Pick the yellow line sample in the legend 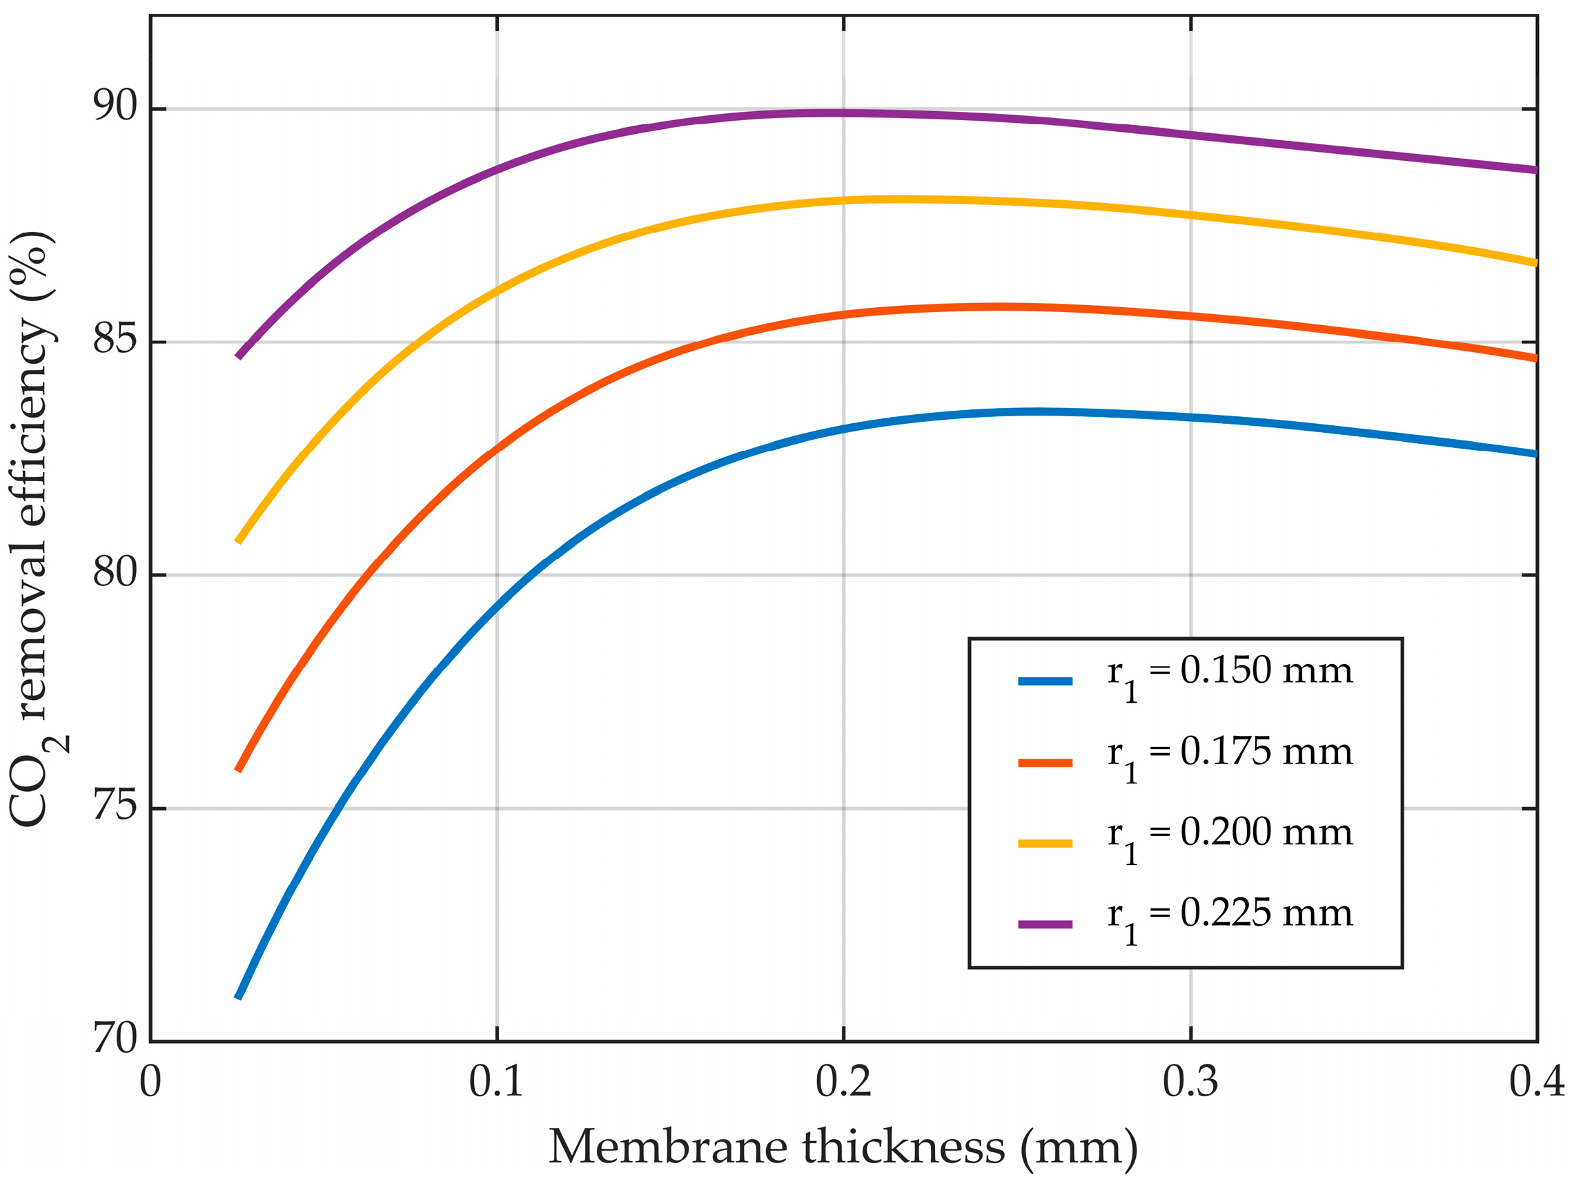pos(1045,844)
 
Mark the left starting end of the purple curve pos(239,356)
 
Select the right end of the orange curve pos(1535,358)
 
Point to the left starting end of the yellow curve pos(239,542)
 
